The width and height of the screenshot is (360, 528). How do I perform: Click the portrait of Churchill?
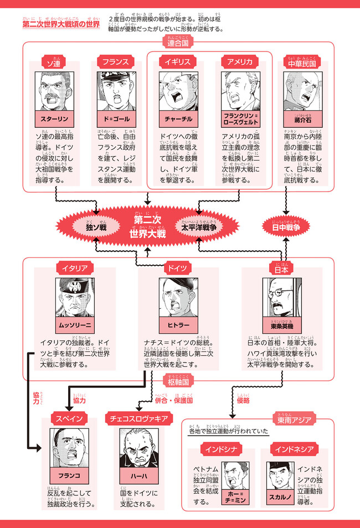(177, 91)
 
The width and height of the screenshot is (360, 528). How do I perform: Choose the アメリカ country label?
(240, 62)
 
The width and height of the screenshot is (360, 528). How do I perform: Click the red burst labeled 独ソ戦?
(96, 227)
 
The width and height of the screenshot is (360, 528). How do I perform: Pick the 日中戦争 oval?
(285, 227)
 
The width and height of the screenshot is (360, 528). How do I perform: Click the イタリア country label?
(74, 268)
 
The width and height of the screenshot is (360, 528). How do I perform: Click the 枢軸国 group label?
(178, 382)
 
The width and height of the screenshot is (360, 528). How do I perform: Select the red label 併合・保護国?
(173, 400)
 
